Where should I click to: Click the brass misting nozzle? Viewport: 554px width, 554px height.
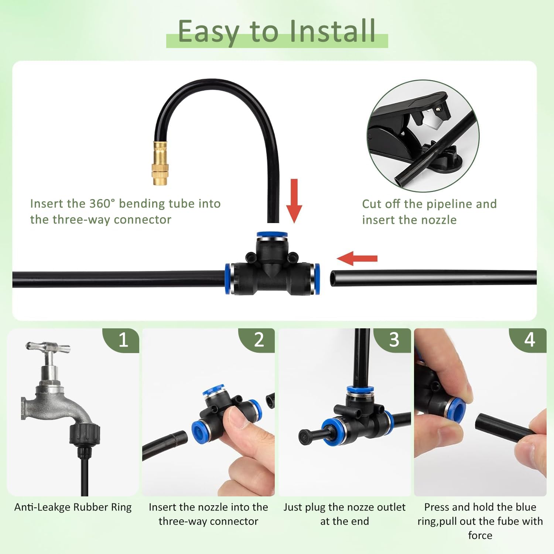click(160, 163)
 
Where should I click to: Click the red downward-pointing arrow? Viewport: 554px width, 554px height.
click(294, 201)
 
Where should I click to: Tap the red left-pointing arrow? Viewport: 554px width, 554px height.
click(357, 258)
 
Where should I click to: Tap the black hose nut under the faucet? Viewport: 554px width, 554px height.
click(85, 434)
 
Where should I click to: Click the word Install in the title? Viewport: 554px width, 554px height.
click(332, 31)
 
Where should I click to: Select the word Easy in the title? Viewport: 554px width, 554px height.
click(209, 33)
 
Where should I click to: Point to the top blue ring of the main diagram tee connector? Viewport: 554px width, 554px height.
click(273, 235)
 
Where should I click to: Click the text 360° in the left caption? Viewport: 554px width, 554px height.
click(102, 204)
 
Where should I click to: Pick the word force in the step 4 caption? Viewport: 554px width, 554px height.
click(480, 535)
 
